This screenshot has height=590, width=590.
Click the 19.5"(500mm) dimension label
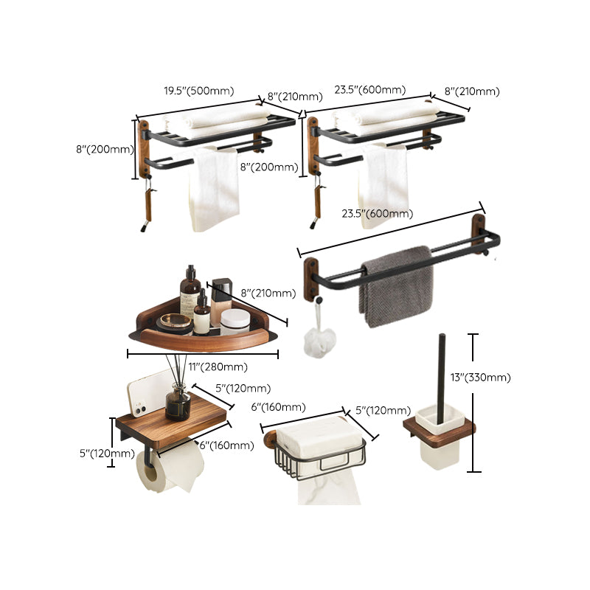click(x=198, y=91)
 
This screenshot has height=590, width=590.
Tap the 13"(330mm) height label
click(x=480, y=378)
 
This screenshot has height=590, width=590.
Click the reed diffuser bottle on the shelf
click(x=178, y=403)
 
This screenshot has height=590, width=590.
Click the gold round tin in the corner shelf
click(x=176, y=323)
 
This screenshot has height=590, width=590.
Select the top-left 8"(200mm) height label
click(x=105, y=150)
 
